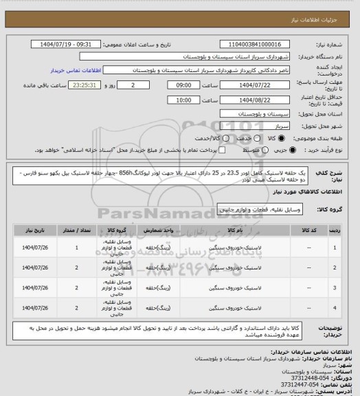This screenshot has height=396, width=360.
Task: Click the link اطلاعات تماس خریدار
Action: [76, 70]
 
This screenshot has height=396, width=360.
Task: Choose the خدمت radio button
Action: [253, 139]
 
